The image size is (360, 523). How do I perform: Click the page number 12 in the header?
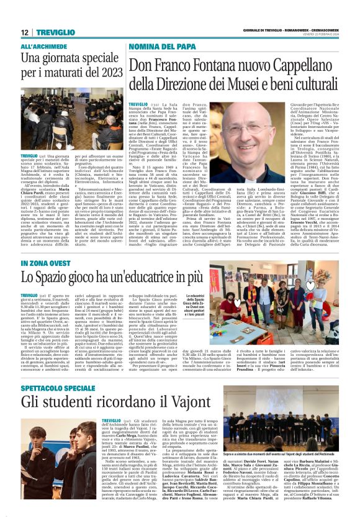click(24, 32)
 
